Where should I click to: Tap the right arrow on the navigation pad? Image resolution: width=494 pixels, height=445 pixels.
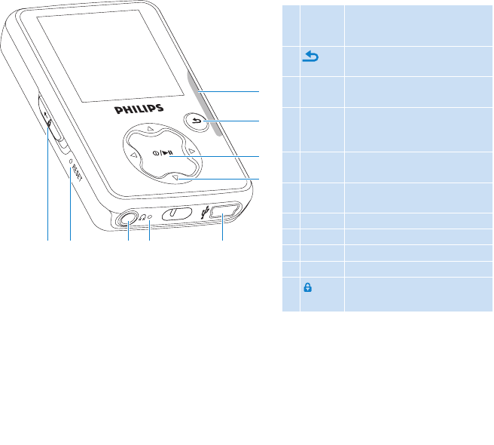tap(192, 152)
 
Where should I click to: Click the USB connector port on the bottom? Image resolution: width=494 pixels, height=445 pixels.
tap(224, 213)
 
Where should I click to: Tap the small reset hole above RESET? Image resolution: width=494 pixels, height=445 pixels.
tap(70, 160)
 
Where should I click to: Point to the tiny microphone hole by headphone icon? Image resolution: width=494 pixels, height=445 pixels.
tap(150, 216)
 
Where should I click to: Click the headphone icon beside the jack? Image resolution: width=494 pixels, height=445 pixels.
tap(142, 217)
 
